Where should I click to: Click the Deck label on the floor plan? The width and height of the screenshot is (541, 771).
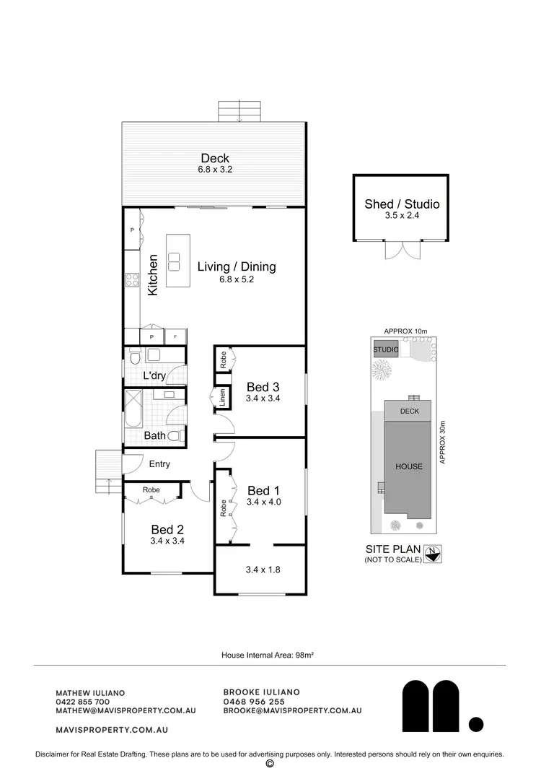215,159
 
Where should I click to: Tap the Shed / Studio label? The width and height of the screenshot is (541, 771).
402,204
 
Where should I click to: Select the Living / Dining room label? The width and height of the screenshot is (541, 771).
237,267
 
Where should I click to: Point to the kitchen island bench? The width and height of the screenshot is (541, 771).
175,261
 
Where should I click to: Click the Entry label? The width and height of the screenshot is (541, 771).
159,464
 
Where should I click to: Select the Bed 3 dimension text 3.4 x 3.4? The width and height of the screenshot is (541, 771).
263,398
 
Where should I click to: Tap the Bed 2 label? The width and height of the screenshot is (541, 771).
167,529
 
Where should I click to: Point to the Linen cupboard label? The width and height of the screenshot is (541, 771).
224,397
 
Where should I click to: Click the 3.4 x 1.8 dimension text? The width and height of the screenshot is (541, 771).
263,570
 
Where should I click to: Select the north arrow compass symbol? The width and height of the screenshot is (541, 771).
433,554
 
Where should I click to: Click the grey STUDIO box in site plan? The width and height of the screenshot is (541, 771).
386,350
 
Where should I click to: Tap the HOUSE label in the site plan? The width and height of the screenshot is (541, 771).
409,466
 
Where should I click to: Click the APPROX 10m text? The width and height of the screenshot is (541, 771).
406,331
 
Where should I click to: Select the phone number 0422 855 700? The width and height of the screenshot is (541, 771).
82,701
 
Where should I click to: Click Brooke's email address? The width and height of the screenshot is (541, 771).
292,710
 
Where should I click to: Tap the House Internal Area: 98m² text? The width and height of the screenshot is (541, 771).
270,655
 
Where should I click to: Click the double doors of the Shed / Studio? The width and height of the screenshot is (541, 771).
402,251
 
